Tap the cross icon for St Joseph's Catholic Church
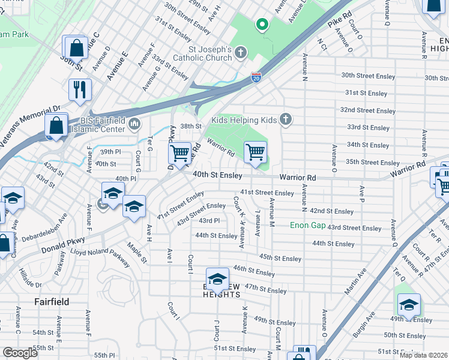(x=241, y=53)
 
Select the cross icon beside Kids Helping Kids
(x=286, y=120)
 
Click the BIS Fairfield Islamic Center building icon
(x=134, y=125)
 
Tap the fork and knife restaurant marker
(x=80, y=90)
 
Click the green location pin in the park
(x=262, y=25)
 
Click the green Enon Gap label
(x=307, y=226)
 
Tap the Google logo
(x=20, y=353)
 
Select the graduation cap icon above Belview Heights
(x=217, y=279)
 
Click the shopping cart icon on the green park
(x=256, y=152)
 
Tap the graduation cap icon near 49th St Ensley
(x=409, y=305)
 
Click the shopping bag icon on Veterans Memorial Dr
(x=56, y=127)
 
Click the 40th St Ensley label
(x=217, y=175)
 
